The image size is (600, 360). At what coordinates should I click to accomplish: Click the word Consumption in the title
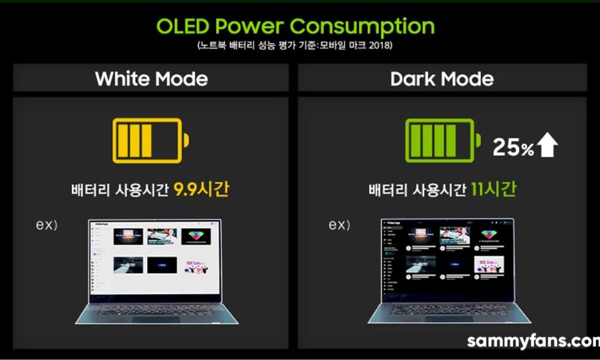(362, 26)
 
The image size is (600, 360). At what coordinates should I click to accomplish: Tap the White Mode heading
(151, 79)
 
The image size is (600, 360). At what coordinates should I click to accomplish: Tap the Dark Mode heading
(442, 79)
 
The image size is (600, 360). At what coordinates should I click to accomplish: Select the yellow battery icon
(151, 140)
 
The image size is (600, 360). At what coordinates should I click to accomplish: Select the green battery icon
(443, 140)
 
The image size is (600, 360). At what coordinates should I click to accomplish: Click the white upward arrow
(548, 146)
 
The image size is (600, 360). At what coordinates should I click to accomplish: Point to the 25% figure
(513, 147)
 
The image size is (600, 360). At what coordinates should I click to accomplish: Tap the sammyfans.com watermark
(533, 341)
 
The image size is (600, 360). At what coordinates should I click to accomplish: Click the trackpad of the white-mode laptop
(157, 319)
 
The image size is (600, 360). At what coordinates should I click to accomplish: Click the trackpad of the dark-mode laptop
(448, 319)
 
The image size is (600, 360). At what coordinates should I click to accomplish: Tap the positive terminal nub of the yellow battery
(186, 140)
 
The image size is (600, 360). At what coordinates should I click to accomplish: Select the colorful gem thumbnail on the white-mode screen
(196, 236)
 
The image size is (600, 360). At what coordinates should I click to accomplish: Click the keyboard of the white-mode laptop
(157, 310)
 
